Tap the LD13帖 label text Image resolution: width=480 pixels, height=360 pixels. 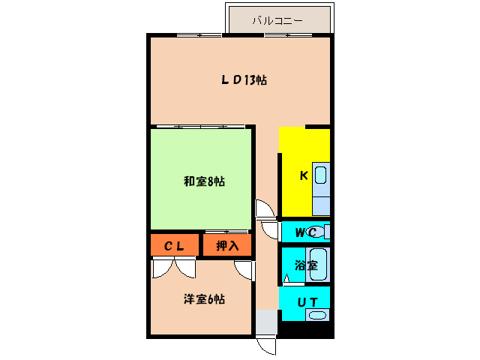[244, 80]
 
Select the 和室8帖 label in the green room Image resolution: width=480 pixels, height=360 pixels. [204, 181]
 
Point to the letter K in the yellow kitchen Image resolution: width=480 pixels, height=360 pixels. [304, 175]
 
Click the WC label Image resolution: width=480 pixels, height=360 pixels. [304, 232]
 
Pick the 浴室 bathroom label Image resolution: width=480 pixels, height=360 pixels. [305, 265]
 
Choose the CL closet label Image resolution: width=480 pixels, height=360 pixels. [175, 245]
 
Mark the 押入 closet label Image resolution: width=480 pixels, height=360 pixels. [227, 245]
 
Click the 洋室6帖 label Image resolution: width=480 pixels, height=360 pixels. [204, 298]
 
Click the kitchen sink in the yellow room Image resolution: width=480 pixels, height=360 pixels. [321, 178]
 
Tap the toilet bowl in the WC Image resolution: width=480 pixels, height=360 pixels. [318, 232]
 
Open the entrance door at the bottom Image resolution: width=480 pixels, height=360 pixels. [266, 346]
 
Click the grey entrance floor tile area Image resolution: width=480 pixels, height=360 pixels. [265, 322]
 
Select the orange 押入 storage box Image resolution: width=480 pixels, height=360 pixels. [227, 245]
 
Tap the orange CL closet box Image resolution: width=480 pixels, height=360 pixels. [175, 245]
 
